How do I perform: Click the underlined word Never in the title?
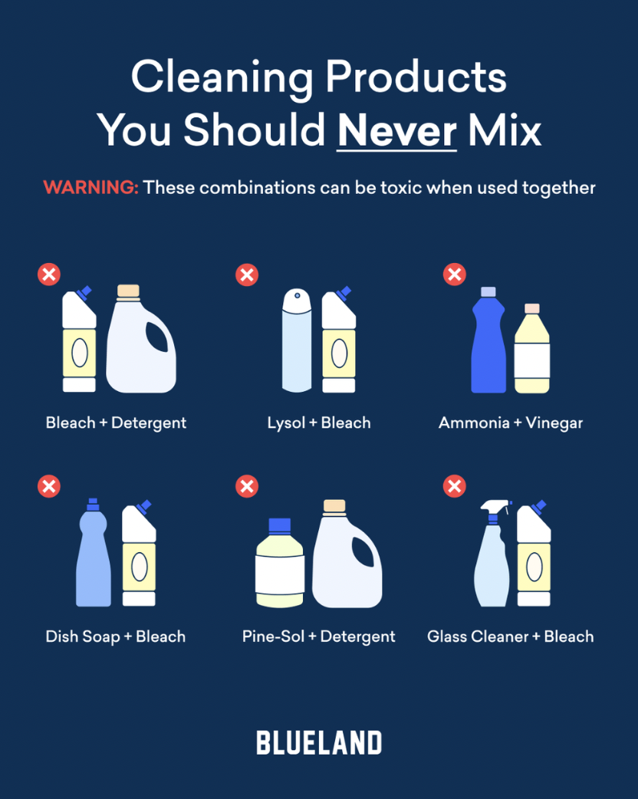pos(397,130)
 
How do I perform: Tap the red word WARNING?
pos(90,187)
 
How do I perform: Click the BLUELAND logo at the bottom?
pos(319,742)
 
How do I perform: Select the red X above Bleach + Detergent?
pos(49,275)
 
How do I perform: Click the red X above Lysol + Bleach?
pos(247,275)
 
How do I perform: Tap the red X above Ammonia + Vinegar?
pos(455,275)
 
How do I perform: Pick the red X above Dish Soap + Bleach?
pos(49,486)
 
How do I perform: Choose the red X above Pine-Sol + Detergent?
pos(247,486)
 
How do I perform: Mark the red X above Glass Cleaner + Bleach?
pos(455,486)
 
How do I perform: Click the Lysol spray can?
pos(297,340)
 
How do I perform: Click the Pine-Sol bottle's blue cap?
pos(279,526)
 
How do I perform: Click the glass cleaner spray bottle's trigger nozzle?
pos(495,507)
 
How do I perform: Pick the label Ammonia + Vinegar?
pos(511,423)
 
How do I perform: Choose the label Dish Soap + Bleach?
pos(116,636)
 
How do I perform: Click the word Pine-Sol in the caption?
pos(273,636)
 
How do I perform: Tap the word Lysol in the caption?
pos(286,423)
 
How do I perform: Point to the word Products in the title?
pos(416,77)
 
